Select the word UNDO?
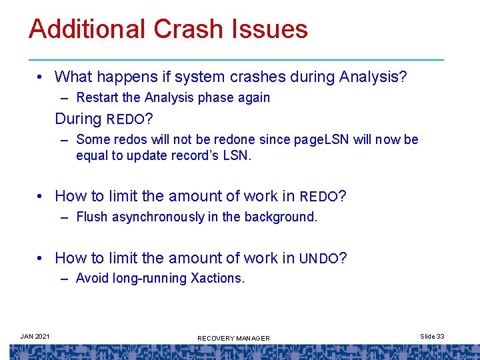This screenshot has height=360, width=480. coord(323,258)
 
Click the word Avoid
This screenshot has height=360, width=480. coord(91,278)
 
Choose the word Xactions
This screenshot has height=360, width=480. coord(218,278)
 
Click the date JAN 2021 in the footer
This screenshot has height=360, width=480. coord(35,336)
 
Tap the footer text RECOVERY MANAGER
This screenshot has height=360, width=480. coord(233,339)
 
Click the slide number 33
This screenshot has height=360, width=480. coord(440,336)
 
